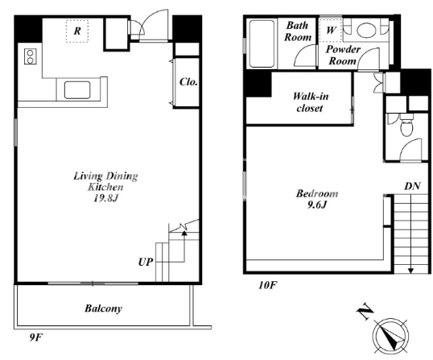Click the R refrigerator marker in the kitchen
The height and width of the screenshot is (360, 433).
(x=77, y=31)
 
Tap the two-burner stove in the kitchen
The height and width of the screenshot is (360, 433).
(x=30, y=56)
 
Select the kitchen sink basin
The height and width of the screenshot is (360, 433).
(x=77, y=89)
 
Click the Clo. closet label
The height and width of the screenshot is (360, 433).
(x=188, y=82)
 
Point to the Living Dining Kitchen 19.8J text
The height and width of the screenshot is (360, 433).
(x=105, y=187)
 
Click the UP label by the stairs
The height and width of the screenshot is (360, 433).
(x=146, y=262)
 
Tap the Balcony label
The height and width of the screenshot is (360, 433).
(x=103, y=308)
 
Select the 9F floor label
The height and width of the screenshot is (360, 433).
(x=36, y=337)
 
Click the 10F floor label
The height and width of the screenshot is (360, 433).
(x=267, y=285)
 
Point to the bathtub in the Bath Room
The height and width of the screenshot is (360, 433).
(x=262, y=43)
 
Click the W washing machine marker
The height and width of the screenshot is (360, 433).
(x=331, y=30)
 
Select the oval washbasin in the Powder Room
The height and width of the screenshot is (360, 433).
(x=366, y=30)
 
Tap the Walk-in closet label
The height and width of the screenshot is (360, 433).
(x=311, y=102)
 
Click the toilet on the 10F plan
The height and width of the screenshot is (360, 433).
(x=406, y=125)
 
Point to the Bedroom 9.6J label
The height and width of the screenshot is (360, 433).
(x=317, y=199)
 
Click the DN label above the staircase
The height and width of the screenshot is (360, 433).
(x=413, y=186)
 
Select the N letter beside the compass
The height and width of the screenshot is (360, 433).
(x=365, y=312)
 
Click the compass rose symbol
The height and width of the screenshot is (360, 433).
(x=391, y=336)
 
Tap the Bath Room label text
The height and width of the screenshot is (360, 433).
(x=298, y=31)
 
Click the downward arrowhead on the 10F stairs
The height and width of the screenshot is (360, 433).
(x=410, y=271)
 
